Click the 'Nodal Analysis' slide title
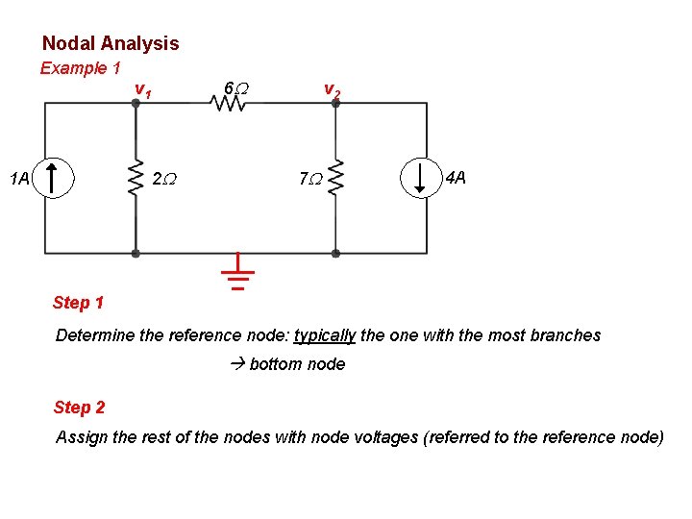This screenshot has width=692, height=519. [111, 43]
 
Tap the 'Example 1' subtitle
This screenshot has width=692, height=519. [80, 68]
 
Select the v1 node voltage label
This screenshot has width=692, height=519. [142, 90]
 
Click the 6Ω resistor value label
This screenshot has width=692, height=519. [235, 88]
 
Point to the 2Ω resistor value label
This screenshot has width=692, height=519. [163, 178]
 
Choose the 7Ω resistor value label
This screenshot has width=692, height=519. [309, 179]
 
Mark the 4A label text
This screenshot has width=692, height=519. [455, 178]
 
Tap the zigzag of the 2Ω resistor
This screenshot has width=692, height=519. [136, 177]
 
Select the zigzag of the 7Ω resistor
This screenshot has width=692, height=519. [335, 178]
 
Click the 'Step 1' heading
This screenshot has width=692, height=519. [78, 303]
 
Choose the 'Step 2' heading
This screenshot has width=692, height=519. [79, 408]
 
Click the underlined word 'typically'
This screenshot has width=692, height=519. [324, 335]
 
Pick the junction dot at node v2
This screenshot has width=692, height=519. [335, 103]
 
